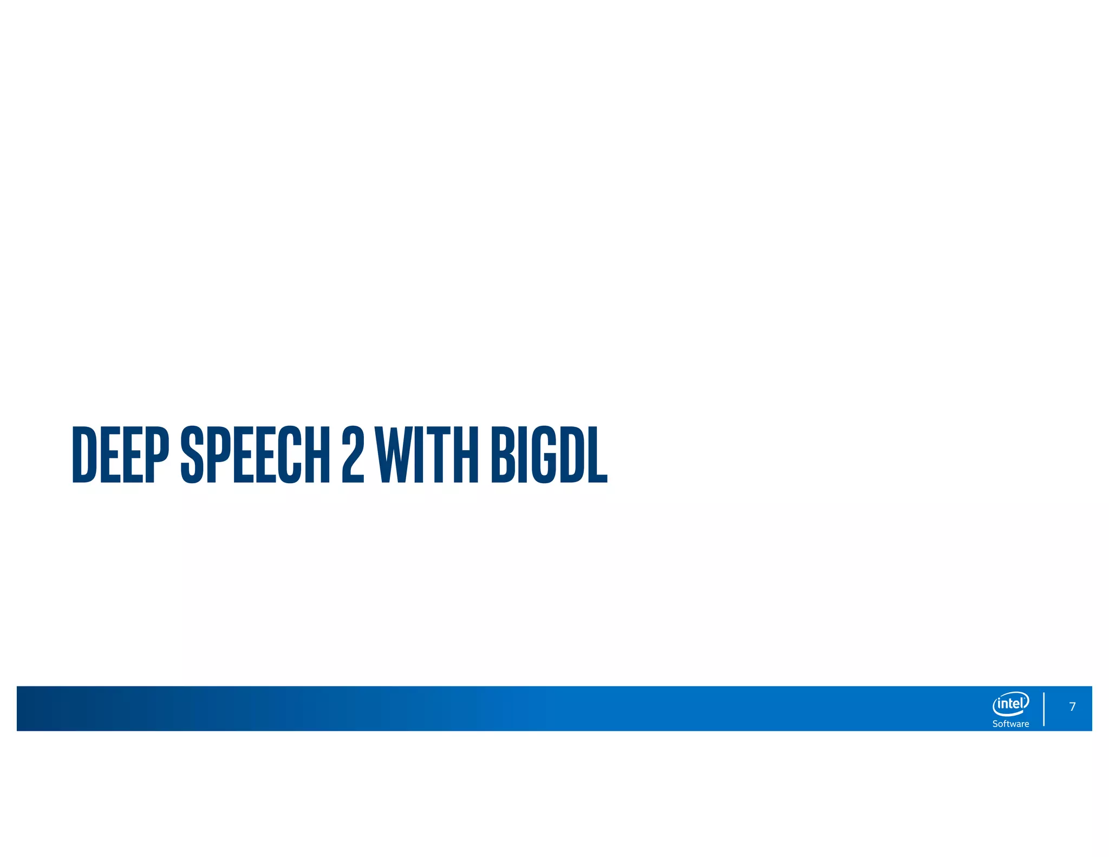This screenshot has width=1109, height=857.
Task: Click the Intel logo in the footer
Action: pos(1010,704)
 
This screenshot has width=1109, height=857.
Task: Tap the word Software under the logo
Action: pos(1010,724)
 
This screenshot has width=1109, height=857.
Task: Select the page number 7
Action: pos(1072,706)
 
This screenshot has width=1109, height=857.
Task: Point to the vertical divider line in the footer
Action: pos(1043,709)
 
